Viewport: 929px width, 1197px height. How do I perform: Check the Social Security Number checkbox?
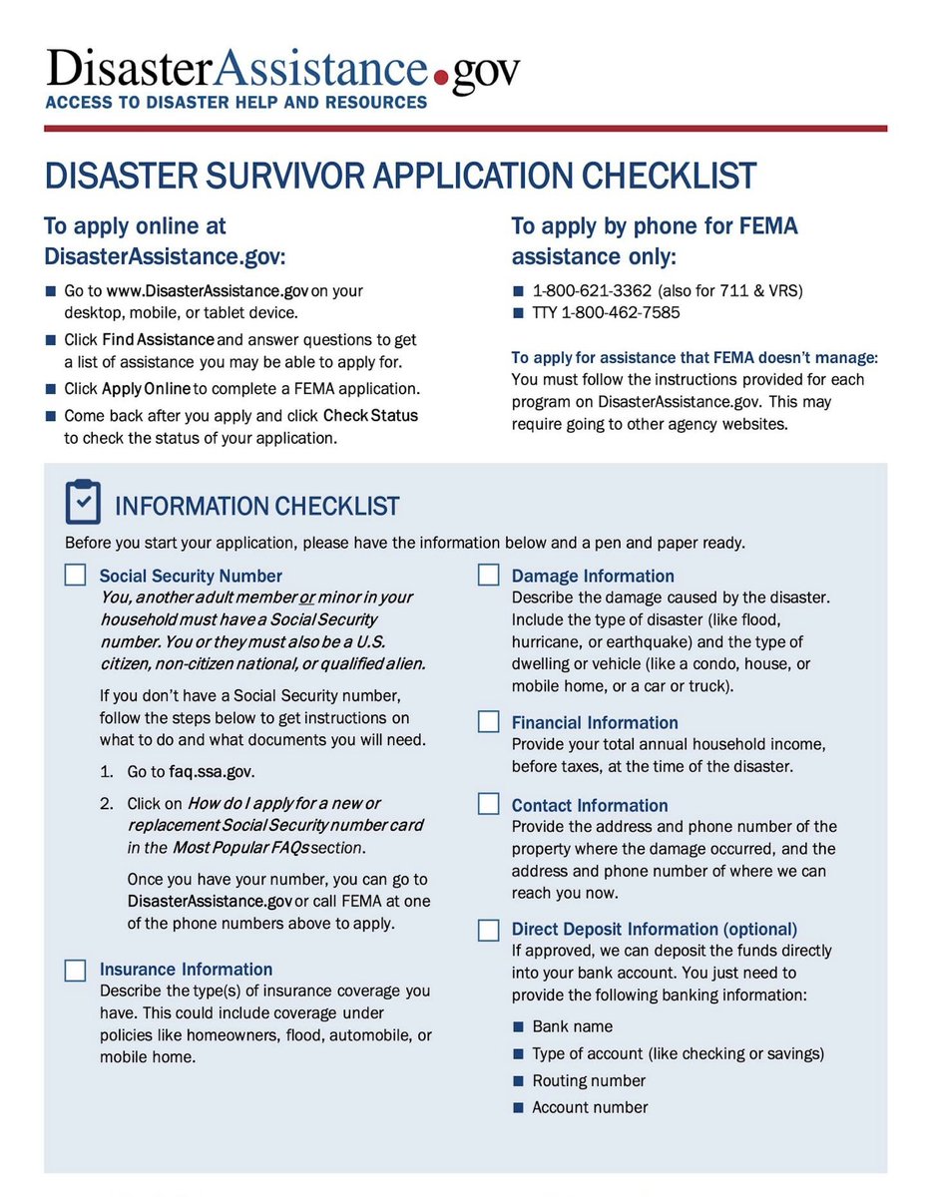75,576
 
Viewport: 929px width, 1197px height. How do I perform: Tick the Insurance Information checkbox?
75,970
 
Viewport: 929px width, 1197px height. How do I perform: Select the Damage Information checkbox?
488,576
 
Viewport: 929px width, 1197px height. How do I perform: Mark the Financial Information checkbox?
488,722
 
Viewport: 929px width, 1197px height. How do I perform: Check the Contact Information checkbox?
488,805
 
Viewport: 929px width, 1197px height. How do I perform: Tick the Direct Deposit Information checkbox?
488,930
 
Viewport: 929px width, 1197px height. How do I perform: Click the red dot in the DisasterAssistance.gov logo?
440,76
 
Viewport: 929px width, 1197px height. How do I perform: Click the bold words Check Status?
370,415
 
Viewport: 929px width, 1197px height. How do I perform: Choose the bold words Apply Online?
146,389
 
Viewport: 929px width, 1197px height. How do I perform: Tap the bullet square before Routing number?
518,1081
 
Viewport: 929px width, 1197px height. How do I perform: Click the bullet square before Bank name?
518,1026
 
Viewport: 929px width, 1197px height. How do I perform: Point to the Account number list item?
590,1107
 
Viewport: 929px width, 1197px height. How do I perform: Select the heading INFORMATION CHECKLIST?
257,507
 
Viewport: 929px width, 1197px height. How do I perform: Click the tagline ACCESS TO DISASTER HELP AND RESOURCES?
235,102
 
